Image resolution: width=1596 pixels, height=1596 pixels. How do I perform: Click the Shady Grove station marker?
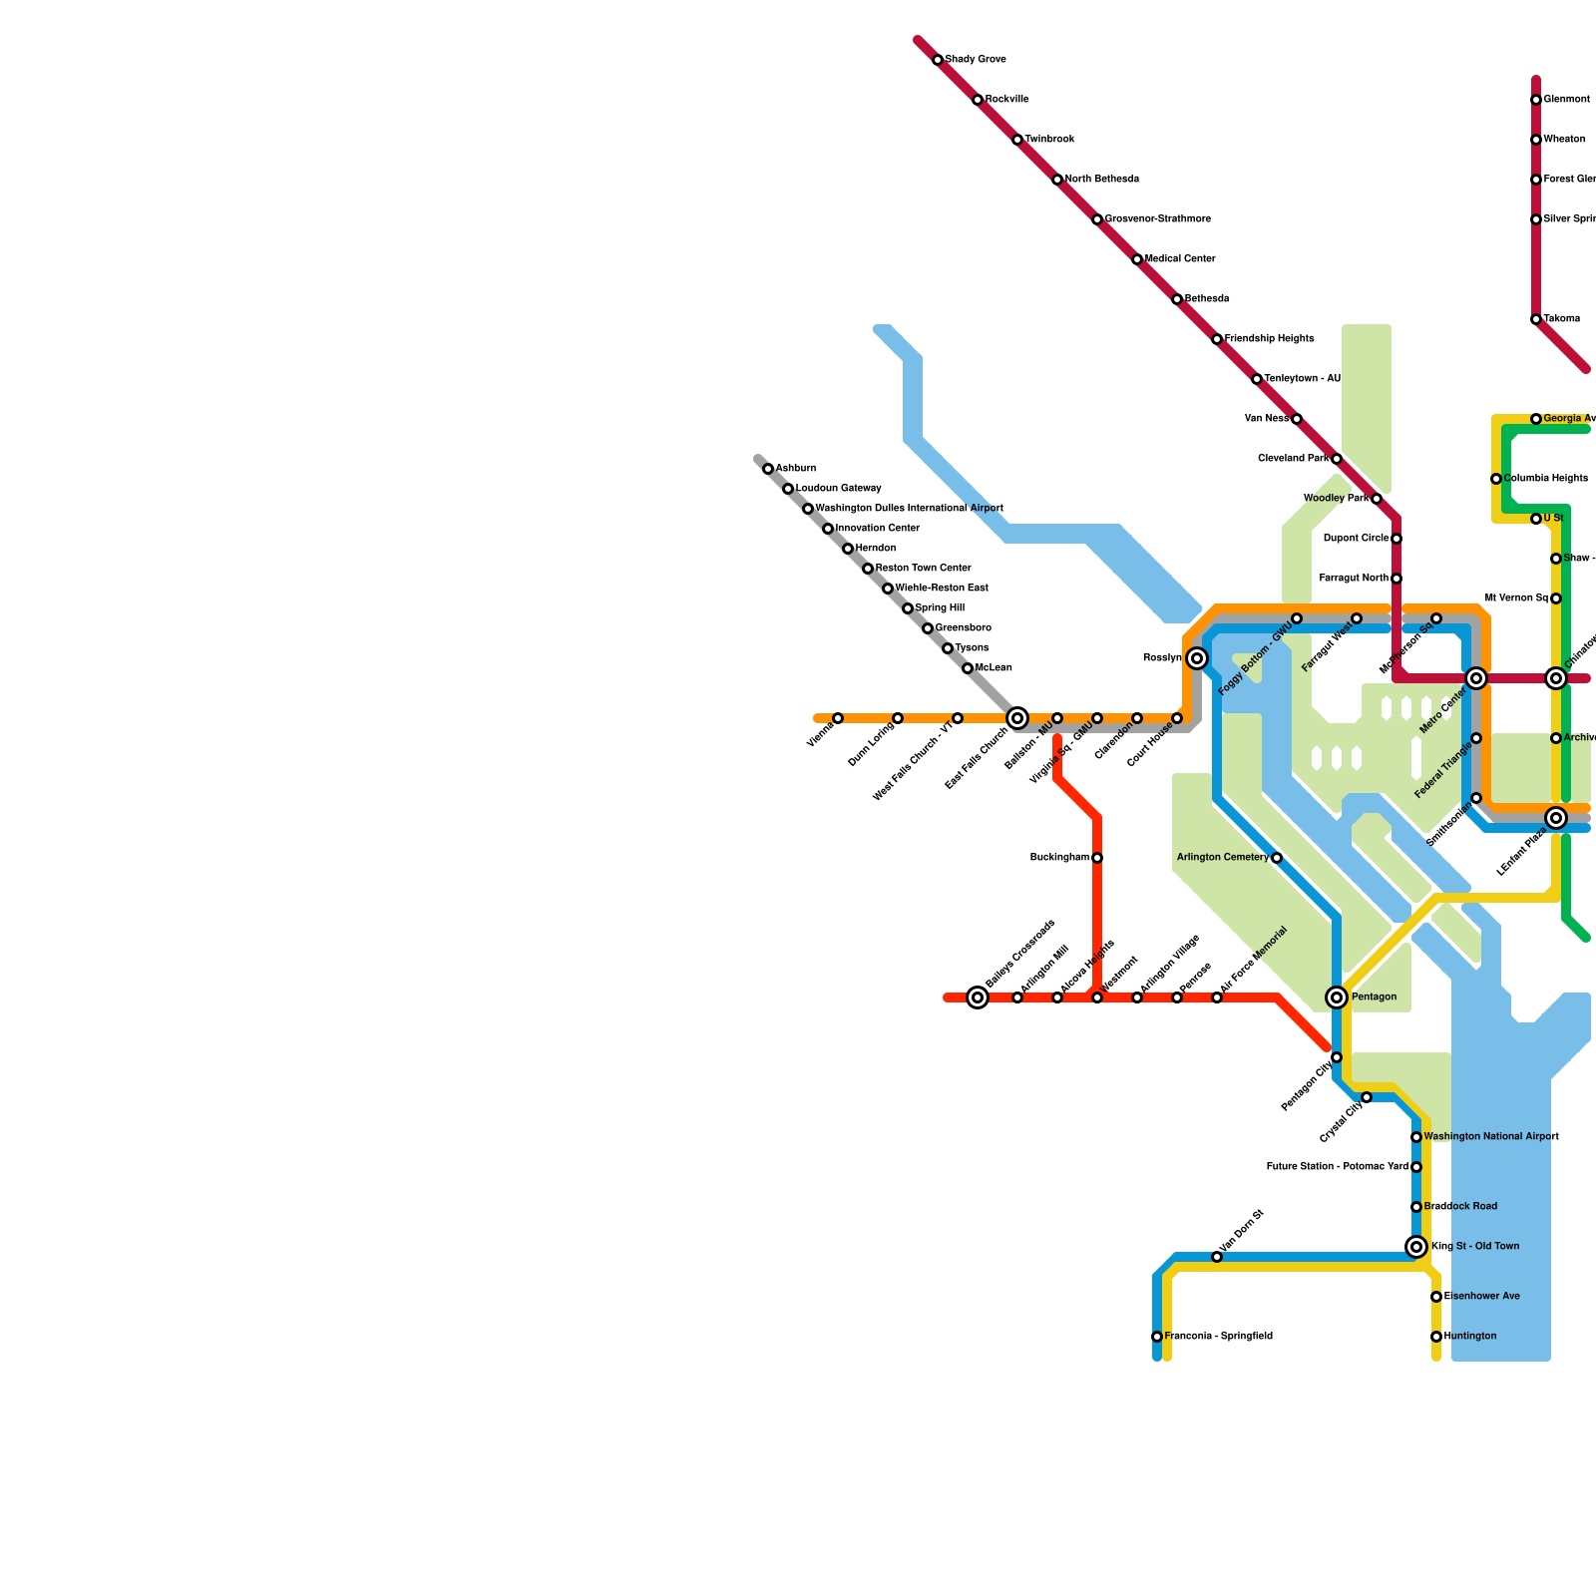click(938, 60)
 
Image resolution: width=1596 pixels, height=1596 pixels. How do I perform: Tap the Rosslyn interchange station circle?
click(1197, 658)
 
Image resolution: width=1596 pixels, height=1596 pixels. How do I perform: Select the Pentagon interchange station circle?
click(1337, 997)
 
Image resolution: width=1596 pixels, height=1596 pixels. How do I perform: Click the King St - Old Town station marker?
click(1416, 1247)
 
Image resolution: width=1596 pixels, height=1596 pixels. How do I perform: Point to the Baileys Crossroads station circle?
click(978, 997)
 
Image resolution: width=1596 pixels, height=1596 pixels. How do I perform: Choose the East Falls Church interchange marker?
click(1017, 718)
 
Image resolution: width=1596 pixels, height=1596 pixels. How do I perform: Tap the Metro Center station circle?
click(1476, 678)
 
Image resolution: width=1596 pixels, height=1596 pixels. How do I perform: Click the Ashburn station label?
click(796, 469)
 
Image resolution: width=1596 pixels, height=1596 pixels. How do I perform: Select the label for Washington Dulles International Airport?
click(909, 509)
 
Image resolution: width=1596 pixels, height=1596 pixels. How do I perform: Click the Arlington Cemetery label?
click(1223, 858)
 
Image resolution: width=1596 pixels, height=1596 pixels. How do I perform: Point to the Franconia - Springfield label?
click(1218, 1337)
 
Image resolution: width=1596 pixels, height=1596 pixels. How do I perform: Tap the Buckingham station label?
click(1059, 858)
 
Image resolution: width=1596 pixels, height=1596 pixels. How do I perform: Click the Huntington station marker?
click(1436, 1337)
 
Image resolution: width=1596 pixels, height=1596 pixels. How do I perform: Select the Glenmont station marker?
click(1536, 100)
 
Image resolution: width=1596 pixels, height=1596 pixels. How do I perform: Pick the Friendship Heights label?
click(1269, 339)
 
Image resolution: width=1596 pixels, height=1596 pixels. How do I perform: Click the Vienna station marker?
click(838, 718)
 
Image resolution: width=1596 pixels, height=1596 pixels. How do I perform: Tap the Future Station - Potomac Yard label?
click(1338, 1167)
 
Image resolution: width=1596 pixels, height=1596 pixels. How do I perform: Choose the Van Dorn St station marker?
click(1217, 1257)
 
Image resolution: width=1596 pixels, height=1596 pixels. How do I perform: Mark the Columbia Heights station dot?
click(1496, 479)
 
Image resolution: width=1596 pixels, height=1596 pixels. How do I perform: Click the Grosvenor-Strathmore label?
click(1157, 219)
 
